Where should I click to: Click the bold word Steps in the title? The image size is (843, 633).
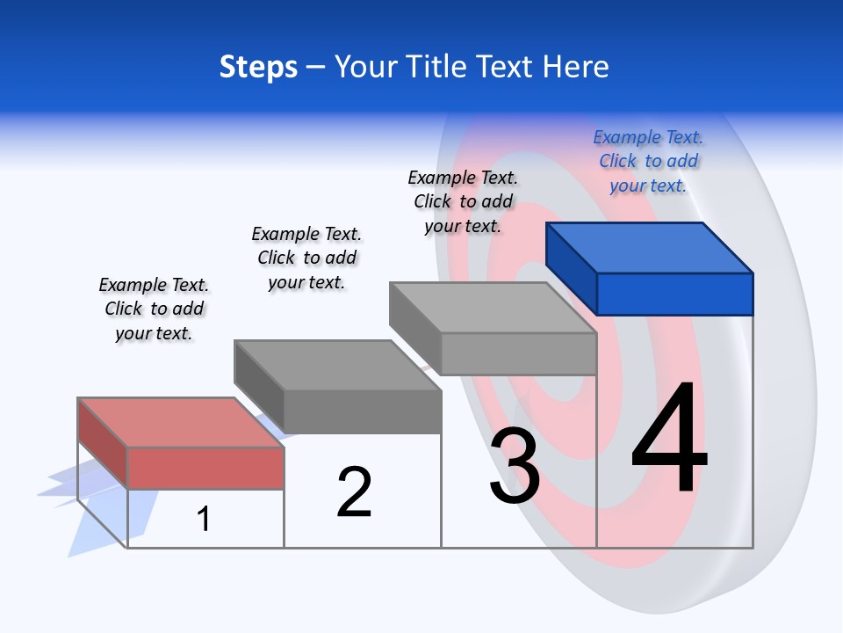click(258, 67)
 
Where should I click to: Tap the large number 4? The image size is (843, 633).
click(669, 440)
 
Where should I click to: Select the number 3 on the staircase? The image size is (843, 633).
click(515, 467)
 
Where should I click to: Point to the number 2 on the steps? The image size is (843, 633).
click(354, 492)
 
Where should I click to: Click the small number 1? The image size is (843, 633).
click(204, 519)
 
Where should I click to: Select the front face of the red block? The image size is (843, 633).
click(205, 468)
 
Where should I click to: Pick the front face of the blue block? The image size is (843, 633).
click(674, 294)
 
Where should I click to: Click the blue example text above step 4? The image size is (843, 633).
click(648, 161)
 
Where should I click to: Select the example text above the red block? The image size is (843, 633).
click(154, 309)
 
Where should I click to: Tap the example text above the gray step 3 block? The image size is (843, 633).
click(463, 201)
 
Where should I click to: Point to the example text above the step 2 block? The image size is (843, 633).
click(306, 258)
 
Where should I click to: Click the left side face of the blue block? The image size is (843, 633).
click(571, 268)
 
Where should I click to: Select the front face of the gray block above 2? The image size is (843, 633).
click(362, 411)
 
